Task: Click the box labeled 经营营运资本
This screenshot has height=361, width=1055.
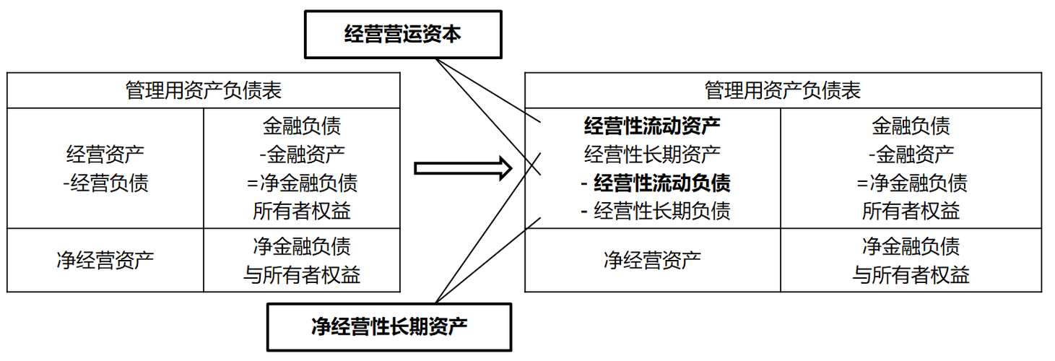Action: pos(402,35)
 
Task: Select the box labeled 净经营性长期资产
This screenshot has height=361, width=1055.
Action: pos(389,327)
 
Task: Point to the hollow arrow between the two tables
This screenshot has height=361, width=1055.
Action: pos(463,168)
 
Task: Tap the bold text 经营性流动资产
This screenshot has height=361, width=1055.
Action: pos(652,126)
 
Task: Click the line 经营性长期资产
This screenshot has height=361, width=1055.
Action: pos(652,154)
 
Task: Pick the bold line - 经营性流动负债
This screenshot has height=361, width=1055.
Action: pos(655,183)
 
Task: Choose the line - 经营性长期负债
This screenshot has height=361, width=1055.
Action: pos(655,210)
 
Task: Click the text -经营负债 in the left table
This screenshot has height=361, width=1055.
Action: pos(105,183)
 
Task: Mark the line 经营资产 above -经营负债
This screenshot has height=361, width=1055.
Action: pos(105,154)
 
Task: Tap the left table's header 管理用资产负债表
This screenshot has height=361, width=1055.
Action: pos(203,90)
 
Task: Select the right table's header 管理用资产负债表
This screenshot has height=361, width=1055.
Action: pos(783,90)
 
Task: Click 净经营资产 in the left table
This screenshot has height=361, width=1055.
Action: pos(105,259)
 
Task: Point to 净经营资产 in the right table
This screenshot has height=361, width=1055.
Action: pos(652,259)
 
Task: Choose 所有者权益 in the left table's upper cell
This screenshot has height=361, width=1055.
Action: pos(302,211)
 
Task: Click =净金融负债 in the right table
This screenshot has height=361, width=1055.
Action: pos(911,183)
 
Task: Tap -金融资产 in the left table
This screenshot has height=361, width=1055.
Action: pos(302,154)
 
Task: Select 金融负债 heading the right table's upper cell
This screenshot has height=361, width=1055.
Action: pos(911,126)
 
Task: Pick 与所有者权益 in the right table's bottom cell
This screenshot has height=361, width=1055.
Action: pos(911,274)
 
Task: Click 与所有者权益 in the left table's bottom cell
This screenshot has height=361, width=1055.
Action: pos(302,274)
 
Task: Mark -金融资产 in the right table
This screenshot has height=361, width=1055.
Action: pos(911,154)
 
